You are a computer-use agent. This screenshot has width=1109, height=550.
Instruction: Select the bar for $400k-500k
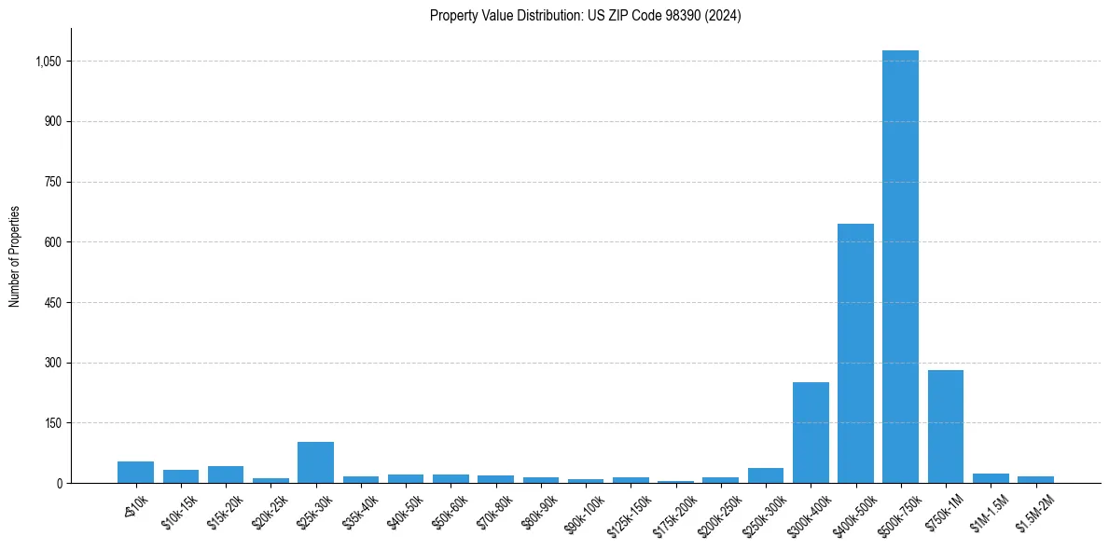tap(855, 353)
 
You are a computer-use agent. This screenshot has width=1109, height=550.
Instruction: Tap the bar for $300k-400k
tap(811, 433)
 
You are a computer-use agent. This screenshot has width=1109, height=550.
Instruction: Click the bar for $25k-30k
tap(315, 462)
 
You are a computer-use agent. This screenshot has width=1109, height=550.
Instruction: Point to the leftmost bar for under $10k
tap(135, 472)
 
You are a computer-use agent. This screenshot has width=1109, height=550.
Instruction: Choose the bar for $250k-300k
tap(765, 475)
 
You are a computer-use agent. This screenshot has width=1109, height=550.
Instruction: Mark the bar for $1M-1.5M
tap(991, 478)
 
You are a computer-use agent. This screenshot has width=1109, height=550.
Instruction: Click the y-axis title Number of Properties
tap(15, 256)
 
